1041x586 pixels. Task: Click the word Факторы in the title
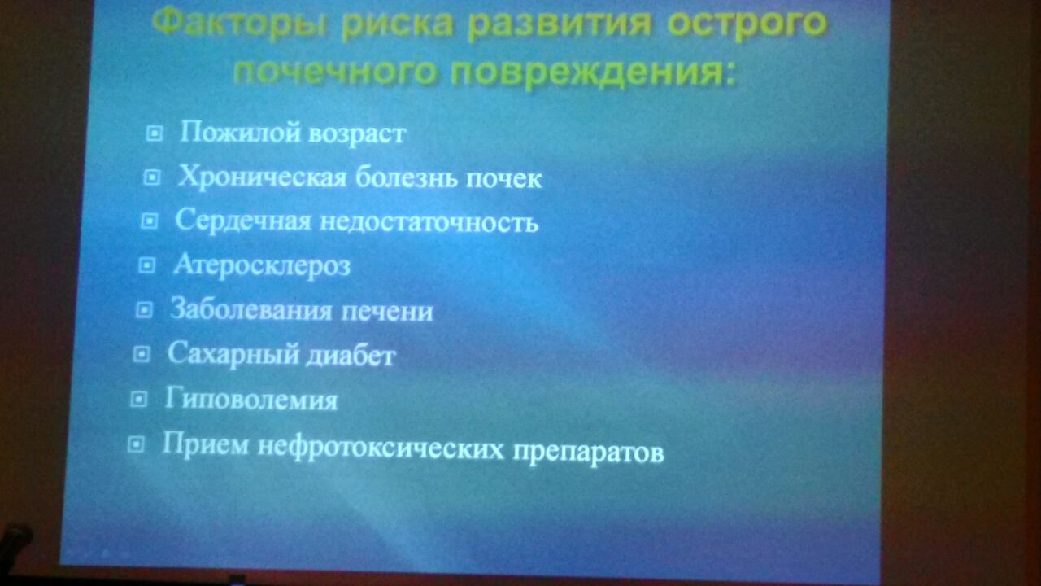[239, 24]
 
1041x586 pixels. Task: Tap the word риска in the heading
[398, 24]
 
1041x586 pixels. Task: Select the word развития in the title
[560, 24]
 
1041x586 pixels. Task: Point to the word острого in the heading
[747, 24]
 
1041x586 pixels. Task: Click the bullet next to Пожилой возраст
[155, 133]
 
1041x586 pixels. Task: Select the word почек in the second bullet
[503, 179]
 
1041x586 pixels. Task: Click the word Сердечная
[243, 220]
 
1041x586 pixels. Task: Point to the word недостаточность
[429, 222]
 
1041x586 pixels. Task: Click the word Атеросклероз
[262, 266]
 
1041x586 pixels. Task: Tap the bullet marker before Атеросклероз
[147, 265]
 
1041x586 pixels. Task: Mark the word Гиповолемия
[251, 400]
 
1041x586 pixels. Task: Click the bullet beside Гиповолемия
[138, 399]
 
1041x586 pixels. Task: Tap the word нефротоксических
[381, 448]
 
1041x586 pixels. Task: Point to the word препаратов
[588, 452]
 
